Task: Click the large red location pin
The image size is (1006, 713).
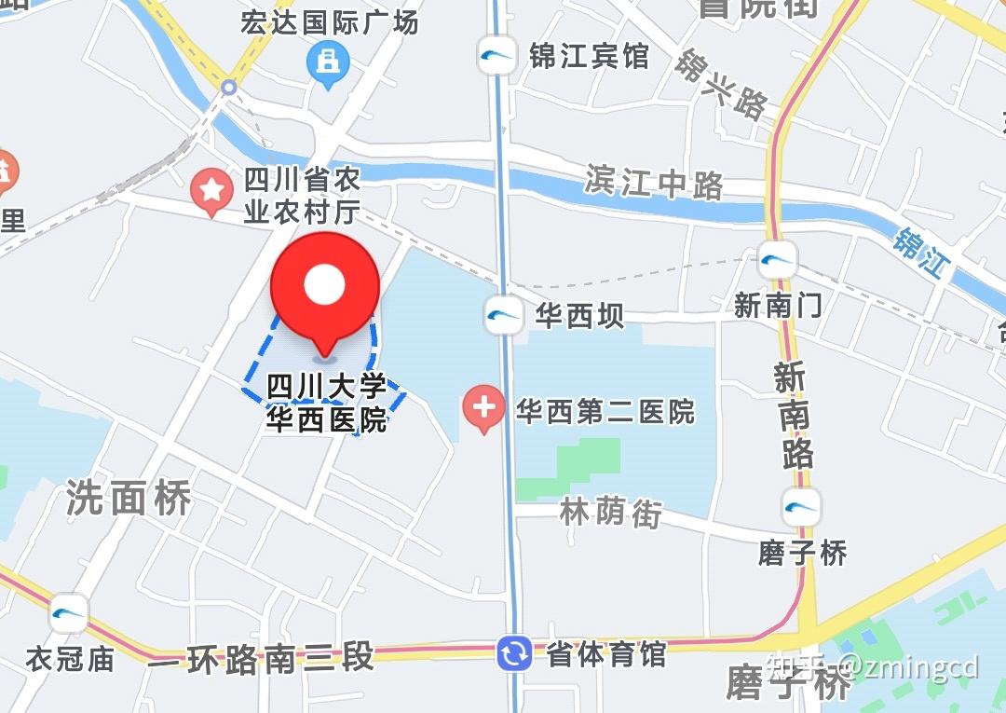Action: point(324,289)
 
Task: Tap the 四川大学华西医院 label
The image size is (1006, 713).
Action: point(327,404)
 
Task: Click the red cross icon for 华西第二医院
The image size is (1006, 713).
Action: point(483,408)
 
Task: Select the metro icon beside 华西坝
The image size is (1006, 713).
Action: point(504,315)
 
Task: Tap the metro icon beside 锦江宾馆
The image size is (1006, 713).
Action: point(496,55)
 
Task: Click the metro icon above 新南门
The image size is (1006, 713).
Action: point(777,259)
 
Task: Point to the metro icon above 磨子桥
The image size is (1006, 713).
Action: point(801,507)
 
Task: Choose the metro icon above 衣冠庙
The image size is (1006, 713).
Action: point(69,612)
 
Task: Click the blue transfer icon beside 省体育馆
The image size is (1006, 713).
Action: point(513,653)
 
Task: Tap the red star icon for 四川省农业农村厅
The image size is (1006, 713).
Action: point(211,190)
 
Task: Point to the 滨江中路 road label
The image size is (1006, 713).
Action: point(654,182)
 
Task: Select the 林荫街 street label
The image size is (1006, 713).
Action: point(610,512)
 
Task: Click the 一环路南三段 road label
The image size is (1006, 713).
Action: point(261,657)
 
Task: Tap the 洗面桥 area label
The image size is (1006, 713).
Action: point(129,499)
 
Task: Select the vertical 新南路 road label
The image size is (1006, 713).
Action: point(793,416)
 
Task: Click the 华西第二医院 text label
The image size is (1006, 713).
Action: point(605,411)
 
